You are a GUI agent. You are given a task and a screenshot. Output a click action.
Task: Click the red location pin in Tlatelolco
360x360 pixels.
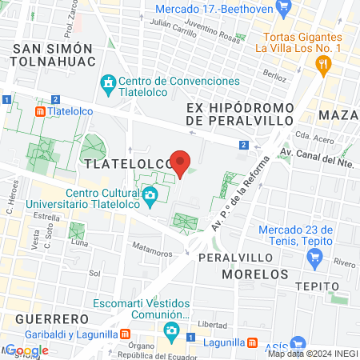tap(181, 164)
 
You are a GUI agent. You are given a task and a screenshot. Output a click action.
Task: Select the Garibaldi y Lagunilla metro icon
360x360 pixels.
tap(125, 334)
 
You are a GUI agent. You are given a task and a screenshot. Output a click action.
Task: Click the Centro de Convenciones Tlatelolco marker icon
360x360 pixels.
tap(108, 82)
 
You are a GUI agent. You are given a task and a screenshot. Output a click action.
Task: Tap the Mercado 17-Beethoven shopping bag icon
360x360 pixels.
tap(282, 8)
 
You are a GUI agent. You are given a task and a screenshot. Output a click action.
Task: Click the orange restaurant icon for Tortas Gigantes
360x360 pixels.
tap(324, 65)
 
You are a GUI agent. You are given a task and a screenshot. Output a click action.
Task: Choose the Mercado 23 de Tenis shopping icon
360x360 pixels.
tap(315, 258)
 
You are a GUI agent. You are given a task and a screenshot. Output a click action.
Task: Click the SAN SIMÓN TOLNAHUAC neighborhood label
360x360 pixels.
tap(54, 55)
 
